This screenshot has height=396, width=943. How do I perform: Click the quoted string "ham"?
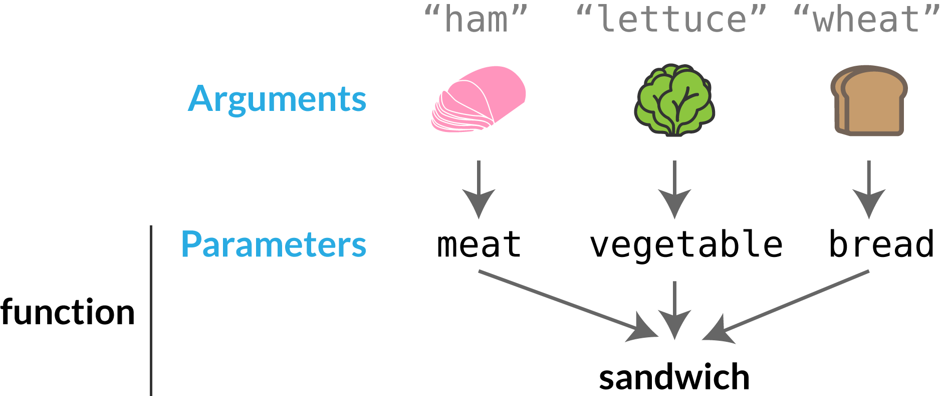coord(476,20)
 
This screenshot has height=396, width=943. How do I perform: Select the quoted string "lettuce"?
coord(671,20)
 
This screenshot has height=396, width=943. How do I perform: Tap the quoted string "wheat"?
coord(867,20)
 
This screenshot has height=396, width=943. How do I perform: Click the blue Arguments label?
coord(277,99)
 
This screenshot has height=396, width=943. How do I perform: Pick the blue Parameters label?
coord(274,244)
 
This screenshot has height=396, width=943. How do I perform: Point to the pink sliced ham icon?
coord(478,99)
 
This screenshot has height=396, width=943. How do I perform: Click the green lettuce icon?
coord(674,100)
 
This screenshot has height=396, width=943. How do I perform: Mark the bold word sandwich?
coord(674,377)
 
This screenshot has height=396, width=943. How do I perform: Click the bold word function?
coord(68,312)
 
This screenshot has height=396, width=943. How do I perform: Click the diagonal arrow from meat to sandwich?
coord(566,304)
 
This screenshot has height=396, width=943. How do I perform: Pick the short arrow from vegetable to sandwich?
coord(674,309)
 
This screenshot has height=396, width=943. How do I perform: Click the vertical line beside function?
coord(151,311)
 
